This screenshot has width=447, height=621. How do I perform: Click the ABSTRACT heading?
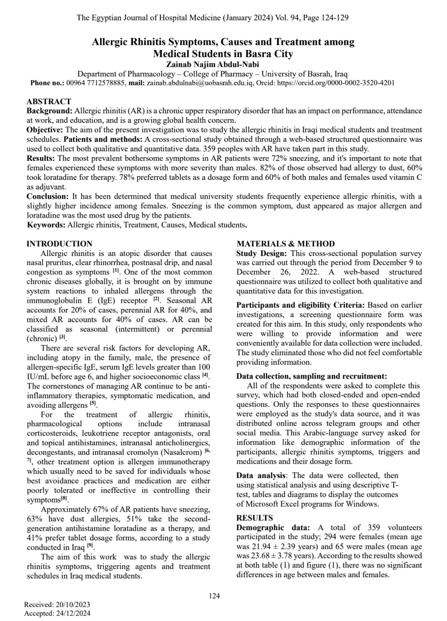(x=49, y=101)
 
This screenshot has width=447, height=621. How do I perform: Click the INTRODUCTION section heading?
(x=59, y=244)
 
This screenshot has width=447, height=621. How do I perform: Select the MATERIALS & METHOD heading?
(x=286, y=244)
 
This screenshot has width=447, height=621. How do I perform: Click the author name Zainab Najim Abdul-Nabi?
(x=212, y=64)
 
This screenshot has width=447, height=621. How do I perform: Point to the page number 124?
(x=214, y=596)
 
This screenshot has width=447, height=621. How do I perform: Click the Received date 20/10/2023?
(x=73, y=604)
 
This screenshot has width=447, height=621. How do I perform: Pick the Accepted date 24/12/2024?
(x=73, y=614)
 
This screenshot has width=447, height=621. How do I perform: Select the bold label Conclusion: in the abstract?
(x=47, y=196)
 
